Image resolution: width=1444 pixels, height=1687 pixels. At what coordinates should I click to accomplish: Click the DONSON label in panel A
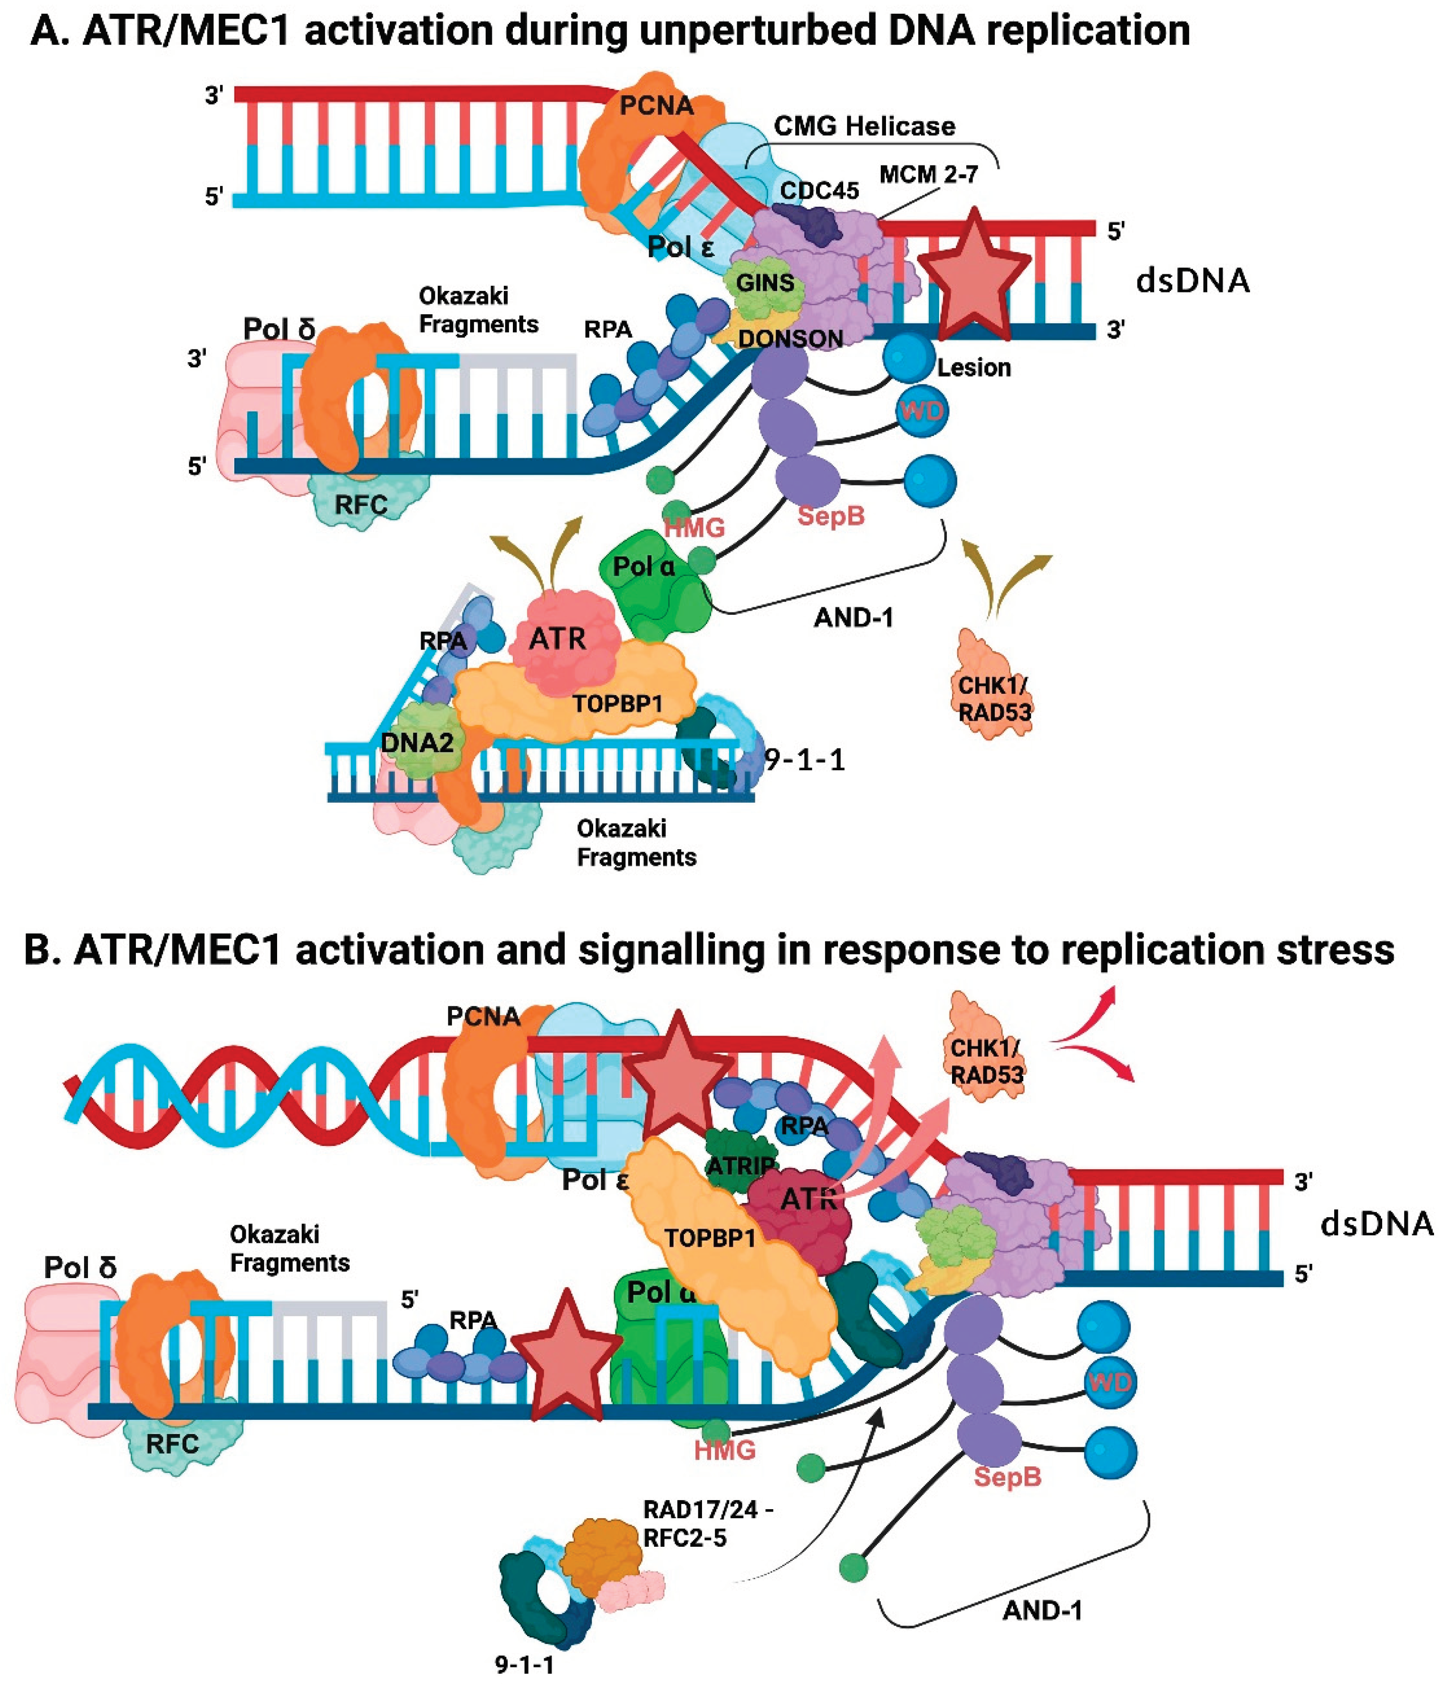tap(789, 338)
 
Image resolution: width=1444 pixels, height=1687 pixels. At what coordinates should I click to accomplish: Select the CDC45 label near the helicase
tap(819, 191)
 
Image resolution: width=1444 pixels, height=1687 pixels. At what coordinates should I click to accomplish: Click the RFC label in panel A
tap(361, 505)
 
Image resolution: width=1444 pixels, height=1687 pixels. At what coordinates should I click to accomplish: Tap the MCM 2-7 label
tap(928, 174)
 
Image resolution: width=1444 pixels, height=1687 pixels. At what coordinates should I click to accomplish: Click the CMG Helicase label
tap(864, 126)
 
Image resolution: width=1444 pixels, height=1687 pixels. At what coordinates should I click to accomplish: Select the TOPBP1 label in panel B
tap(710, 1238)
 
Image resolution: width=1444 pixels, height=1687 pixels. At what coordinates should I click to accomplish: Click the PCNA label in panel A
tap(656, 105)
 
